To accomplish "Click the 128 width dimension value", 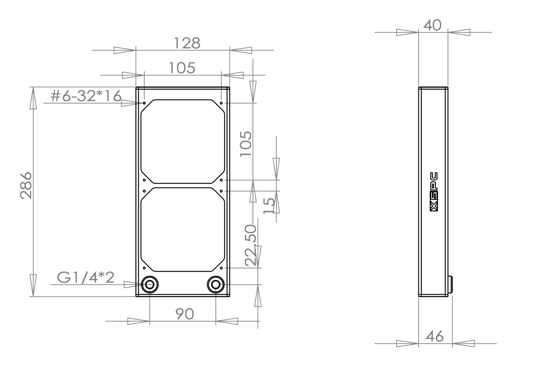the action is coord(187,43).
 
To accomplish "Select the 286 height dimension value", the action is coord(26,185).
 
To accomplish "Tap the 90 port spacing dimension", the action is coord(185,314).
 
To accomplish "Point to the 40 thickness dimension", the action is coord(432,25).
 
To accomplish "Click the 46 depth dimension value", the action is coord(435,336).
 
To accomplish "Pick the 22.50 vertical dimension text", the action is coord(250,245).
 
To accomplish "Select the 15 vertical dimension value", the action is coord(269,206).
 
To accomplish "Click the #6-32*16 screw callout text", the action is coord(86,96).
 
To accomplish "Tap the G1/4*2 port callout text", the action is coord(86,277).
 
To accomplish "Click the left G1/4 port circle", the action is coord(150,285).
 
